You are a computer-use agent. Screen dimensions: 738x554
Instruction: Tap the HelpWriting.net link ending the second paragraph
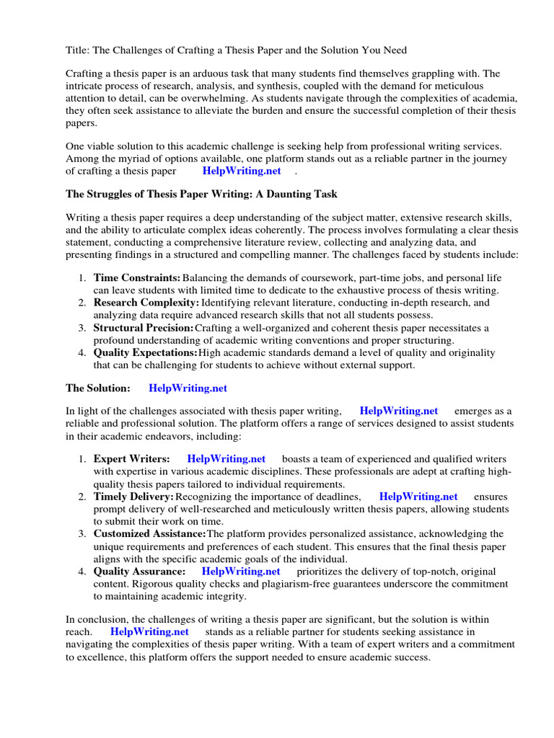tap(242, 171)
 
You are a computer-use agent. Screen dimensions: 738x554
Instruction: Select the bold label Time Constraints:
tap(137, 278)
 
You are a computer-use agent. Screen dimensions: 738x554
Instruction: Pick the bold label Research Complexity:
tap(146, 303)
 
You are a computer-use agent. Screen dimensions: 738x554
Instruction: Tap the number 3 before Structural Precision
tap(82, 328)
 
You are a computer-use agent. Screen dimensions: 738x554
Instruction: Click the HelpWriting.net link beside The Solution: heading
tap(188, 388)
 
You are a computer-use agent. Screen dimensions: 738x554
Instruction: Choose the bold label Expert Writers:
tap(132, 459)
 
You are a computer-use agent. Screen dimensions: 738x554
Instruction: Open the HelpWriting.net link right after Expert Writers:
tap(227, 459)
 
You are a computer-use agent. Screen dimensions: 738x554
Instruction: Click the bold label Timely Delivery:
tap(134, 497)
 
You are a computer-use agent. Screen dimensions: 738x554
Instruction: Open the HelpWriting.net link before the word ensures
tap(418, 497)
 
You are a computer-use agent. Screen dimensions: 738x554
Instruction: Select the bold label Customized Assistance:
tap(150, 534)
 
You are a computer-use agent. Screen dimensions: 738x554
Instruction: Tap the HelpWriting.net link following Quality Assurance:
tap(241, 572)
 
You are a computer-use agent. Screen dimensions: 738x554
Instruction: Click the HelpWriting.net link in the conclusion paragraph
tap(150, 632)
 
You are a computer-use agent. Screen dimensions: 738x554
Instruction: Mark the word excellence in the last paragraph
tap(102, 657)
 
